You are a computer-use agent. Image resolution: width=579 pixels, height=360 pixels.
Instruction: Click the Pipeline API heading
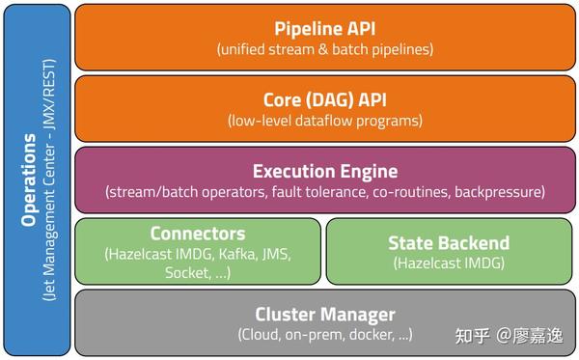324,26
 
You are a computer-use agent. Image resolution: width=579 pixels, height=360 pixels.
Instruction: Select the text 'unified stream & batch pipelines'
325,49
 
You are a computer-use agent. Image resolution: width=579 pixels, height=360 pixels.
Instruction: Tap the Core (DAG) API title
324,98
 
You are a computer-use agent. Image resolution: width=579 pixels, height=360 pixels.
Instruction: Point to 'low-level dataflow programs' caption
325,122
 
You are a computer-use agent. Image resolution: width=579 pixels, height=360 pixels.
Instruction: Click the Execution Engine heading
324,171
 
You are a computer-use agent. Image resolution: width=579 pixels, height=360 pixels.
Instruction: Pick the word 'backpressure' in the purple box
496,192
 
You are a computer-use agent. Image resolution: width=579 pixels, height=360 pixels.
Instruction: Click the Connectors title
198,234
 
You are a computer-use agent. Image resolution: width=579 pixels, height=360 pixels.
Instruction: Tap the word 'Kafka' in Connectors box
237,254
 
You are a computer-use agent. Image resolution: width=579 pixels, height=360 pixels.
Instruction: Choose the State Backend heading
448,243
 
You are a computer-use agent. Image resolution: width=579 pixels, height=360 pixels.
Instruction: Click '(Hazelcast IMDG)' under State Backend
448,263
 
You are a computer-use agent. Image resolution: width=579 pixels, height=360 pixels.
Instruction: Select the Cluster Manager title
324,314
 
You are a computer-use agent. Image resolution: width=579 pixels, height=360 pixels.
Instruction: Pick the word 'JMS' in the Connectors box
279,254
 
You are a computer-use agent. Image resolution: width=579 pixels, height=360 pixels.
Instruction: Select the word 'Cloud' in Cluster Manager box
262,335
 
